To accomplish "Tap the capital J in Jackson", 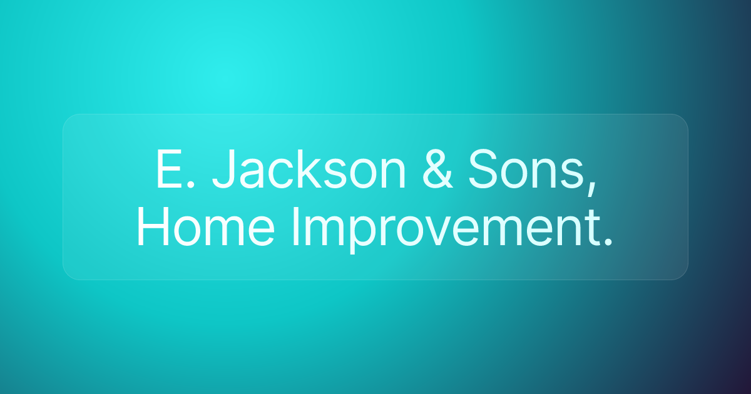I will click(224, 169).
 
